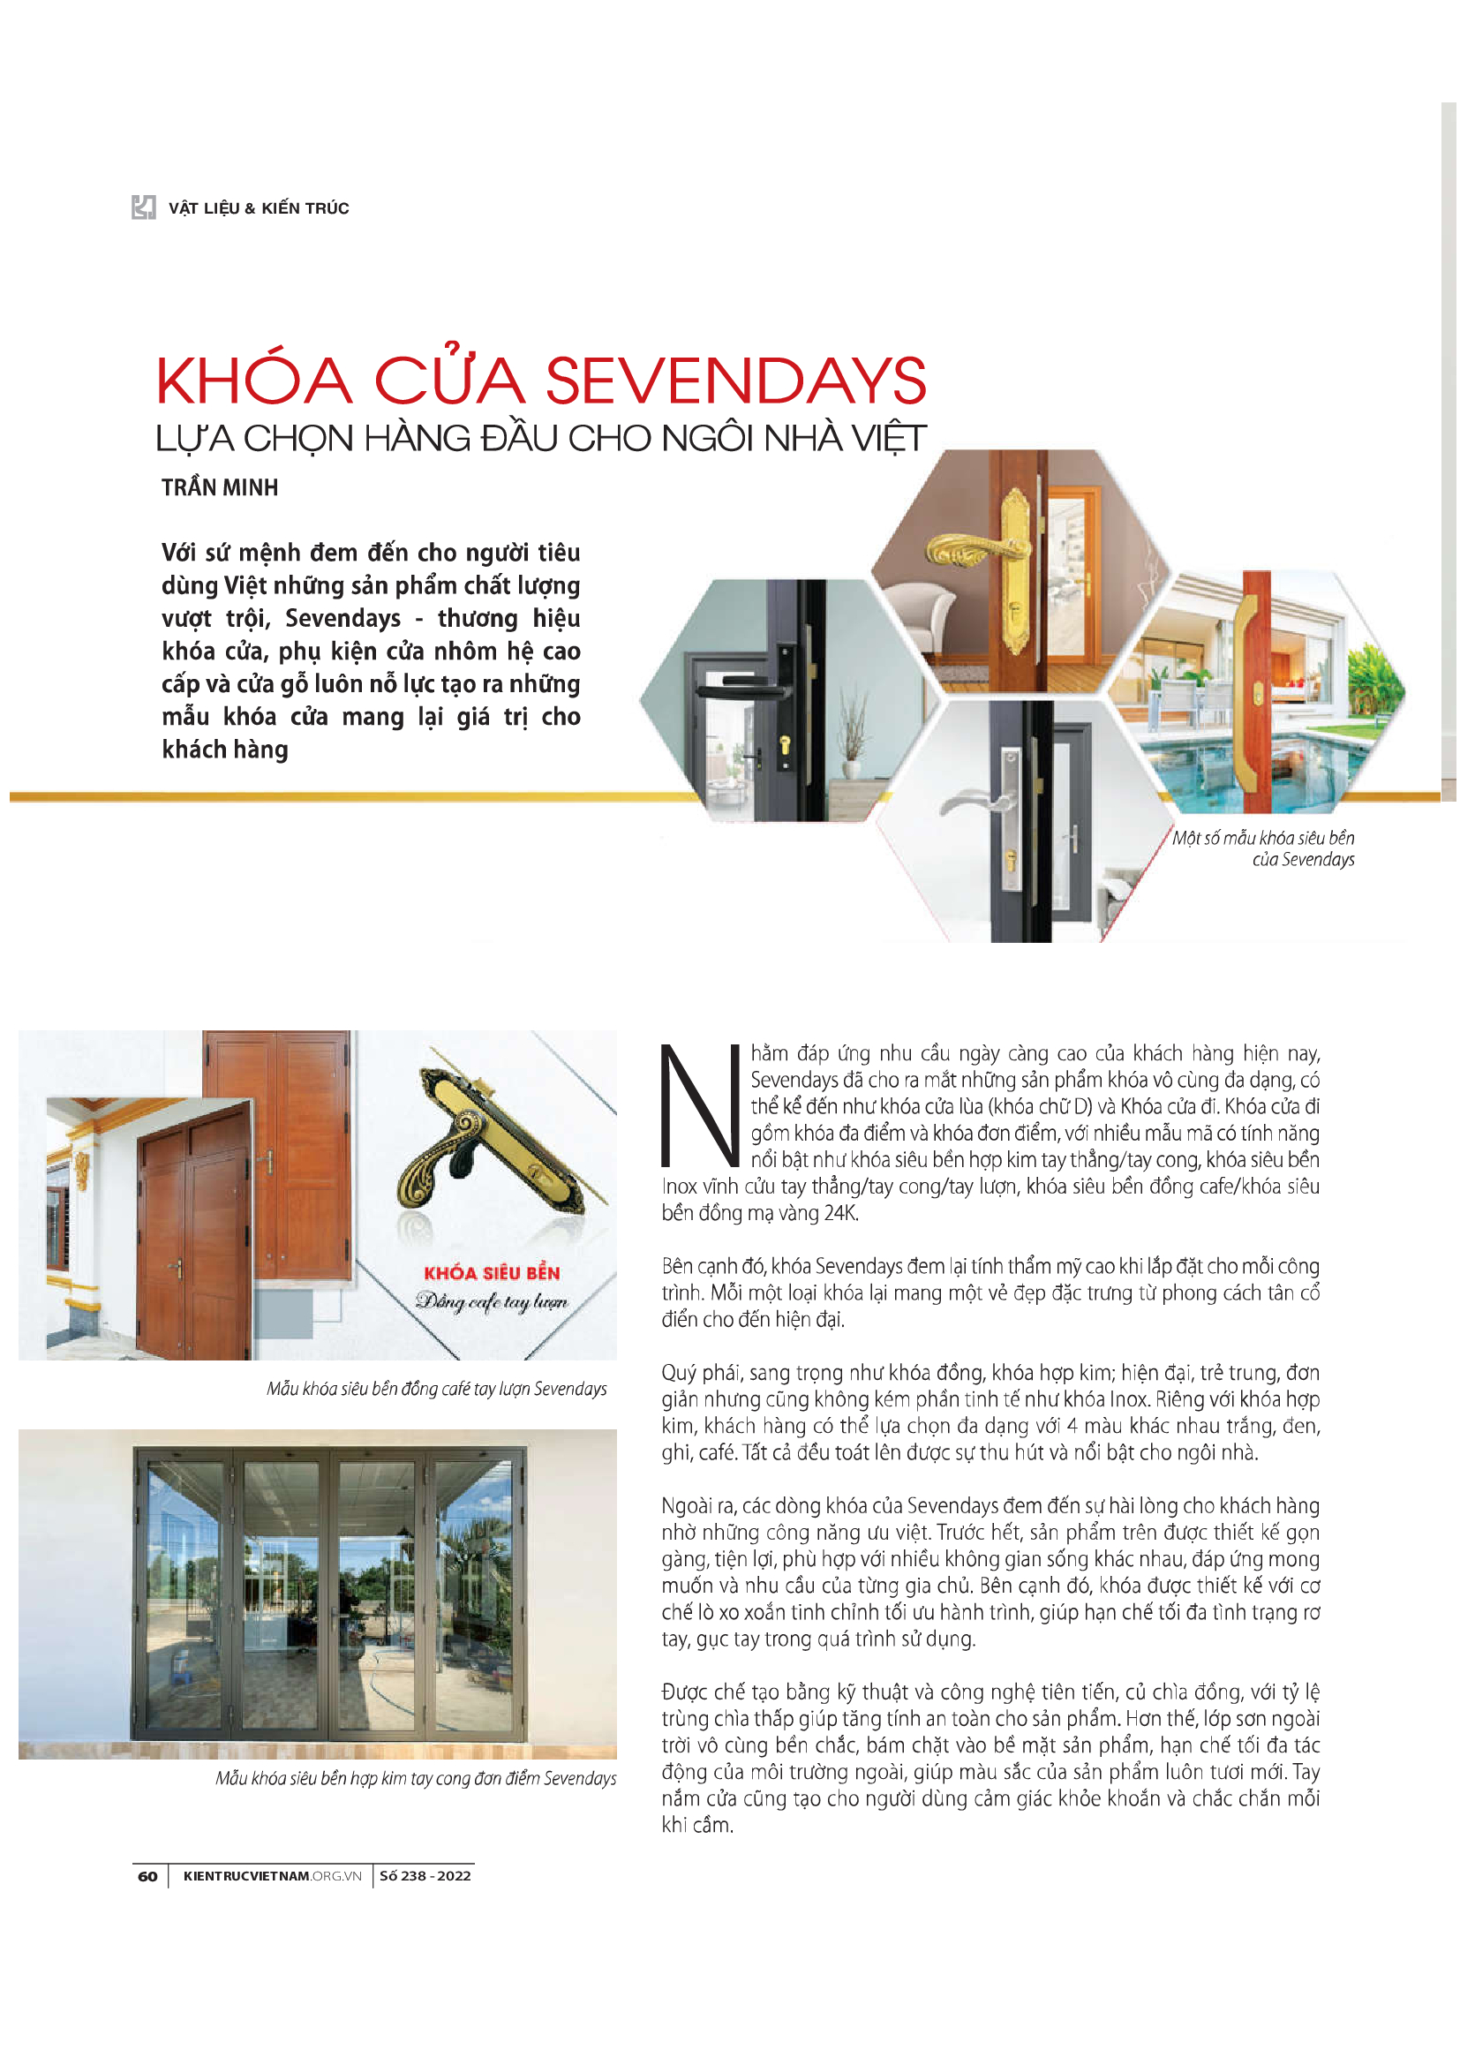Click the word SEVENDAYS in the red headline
pos(735,381)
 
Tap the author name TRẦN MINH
pos(220,487)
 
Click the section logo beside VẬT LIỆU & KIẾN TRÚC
pos(143,207)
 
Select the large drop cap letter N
pos(699,1105)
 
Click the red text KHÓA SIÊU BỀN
pos(492,1273)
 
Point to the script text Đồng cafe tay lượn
pos(492,1301)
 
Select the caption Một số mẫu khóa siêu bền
pos(1262,838)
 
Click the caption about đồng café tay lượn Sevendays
pos(436,1389)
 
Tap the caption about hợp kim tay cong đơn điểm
pos(416,1778)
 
